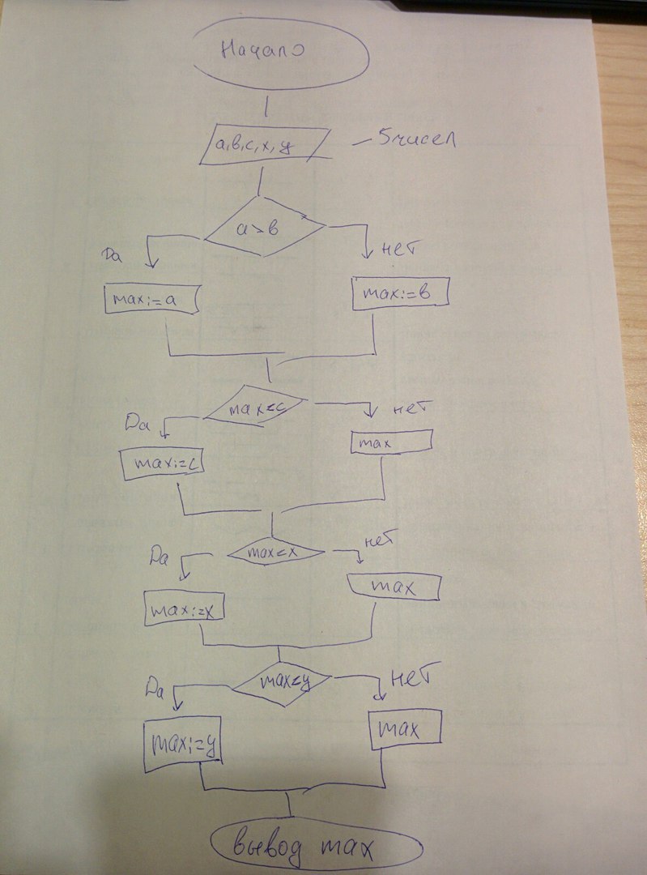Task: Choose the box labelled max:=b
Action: (x=400, y=293)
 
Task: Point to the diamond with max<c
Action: (x=254, y=409)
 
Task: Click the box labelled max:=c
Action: (x=162, y=463)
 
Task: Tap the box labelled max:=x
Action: (x=185, y=608)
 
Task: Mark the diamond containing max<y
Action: (x=281, y=683)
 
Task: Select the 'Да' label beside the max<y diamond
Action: (x=155, y=690)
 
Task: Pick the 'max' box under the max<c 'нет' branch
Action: (x=391, y=442)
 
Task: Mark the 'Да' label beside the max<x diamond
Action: (x=159, y=556)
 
